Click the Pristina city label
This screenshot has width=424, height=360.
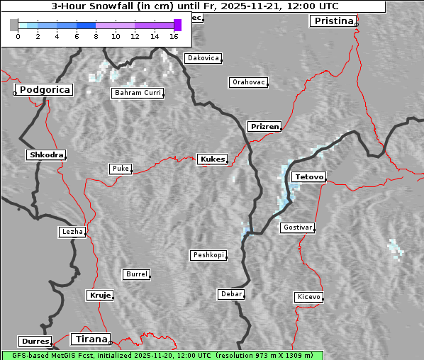(333, 21)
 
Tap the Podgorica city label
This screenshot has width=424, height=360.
(44, 90)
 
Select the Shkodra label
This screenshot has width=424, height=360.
(46, 155)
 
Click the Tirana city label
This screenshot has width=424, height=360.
(90, 339)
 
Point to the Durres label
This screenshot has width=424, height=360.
(35, 342)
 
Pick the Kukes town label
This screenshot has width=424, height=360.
(212, 159)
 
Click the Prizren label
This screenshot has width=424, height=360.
(265, 127)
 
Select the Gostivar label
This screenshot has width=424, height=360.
(296, 227)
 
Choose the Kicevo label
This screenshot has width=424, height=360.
(308, 297)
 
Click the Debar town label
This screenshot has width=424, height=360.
(231, 294)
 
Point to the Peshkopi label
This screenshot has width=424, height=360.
(208, 255)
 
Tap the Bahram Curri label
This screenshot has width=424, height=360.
(138, 93)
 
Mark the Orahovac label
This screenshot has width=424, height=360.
(248, 82)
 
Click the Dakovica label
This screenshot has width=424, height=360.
(202, 58)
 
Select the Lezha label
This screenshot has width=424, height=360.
(72, 232)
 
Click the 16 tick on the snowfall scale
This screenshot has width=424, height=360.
(174, 35)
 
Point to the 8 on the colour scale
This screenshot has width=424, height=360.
(96, 35)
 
